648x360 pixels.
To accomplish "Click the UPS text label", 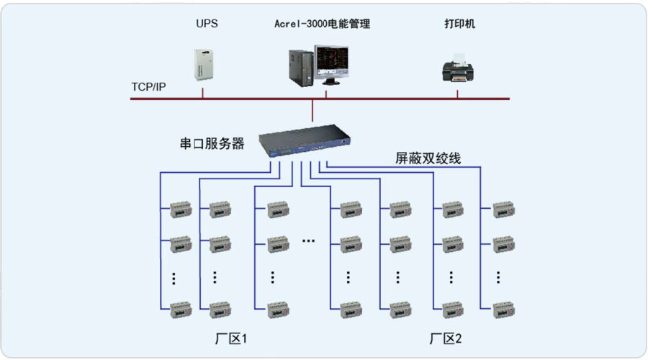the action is [207, 24].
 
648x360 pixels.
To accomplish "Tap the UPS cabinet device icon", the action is [204, 65].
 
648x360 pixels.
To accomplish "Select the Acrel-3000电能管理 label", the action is [322, 24].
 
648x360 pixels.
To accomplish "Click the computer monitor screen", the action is [332, 62].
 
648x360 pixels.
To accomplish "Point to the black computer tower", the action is [301, 68].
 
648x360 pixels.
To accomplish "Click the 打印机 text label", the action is [459, 24].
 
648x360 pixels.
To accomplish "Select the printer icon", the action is [458, 68].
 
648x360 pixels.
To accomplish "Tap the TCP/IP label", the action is [148, 87].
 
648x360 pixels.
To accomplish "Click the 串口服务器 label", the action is [212, 143].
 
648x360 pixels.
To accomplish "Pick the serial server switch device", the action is [305, 140].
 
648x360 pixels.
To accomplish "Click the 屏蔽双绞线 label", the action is [428, 158].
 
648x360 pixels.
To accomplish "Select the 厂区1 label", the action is [231, 338].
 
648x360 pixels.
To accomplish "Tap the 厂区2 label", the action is [446, 338].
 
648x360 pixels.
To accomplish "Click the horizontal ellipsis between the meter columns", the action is [308, 240].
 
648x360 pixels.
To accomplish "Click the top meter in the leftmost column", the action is [181, 210].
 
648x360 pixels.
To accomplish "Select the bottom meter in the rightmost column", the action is [504, 310].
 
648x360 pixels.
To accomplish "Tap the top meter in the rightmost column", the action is [504, 210].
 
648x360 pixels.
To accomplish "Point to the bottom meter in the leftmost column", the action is [181, 310].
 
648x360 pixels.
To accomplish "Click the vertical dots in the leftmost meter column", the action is [174, 279].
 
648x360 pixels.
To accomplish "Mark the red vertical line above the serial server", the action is [312, 110].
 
